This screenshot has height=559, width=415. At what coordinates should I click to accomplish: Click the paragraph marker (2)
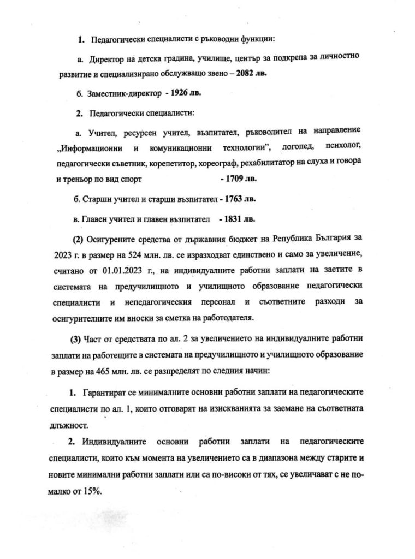pos(79,239)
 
